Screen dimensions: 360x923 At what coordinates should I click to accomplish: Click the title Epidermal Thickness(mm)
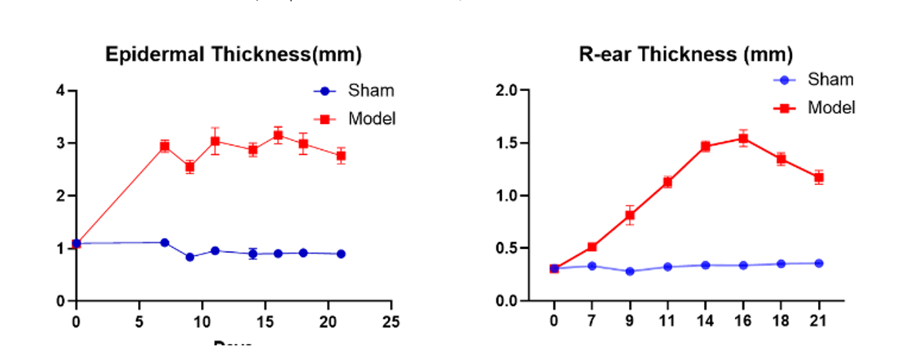pos(233,56)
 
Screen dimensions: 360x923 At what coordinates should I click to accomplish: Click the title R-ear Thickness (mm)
pos(686,56)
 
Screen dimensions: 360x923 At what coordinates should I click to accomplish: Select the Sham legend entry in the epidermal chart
pos(371,90)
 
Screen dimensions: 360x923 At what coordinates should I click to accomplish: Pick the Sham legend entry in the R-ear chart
pos(830,79)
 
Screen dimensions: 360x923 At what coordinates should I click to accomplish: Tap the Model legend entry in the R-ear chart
pos(831,108)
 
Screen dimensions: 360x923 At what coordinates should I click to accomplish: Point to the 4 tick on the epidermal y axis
pos(60,90)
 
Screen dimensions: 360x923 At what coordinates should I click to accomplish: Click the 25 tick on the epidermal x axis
pos(392,321)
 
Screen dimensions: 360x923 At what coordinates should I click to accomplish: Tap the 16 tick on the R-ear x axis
pos(743,321)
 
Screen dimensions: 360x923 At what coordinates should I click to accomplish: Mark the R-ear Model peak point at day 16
pos(743,139)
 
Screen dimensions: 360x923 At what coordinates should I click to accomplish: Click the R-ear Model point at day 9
pos(630,216)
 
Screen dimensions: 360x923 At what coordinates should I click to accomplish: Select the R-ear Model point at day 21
pos(819,177)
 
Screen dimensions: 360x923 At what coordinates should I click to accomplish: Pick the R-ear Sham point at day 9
pos(630,271)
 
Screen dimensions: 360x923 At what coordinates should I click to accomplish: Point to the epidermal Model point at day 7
pos(164,146)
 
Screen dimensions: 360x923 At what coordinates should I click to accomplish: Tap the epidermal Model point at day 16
pos(278,136)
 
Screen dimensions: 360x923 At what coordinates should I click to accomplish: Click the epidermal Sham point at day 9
pos(190,257)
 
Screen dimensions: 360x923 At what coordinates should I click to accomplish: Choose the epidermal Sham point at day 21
pos(341,254)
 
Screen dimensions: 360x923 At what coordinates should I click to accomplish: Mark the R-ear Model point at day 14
pos(705,146)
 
